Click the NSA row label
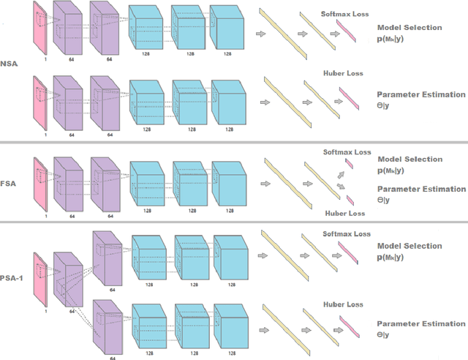[x=8, y=63]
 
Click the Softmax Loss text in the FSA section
[x=347, y=152]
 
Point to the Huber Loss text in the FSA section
[x=344, y=214]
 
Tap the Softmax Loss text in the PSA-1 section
[x=343, y=234]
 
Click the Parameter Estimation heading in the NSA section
[x=420, y=94]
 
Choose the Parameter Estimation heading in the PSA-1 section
[x=420, y=323]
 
